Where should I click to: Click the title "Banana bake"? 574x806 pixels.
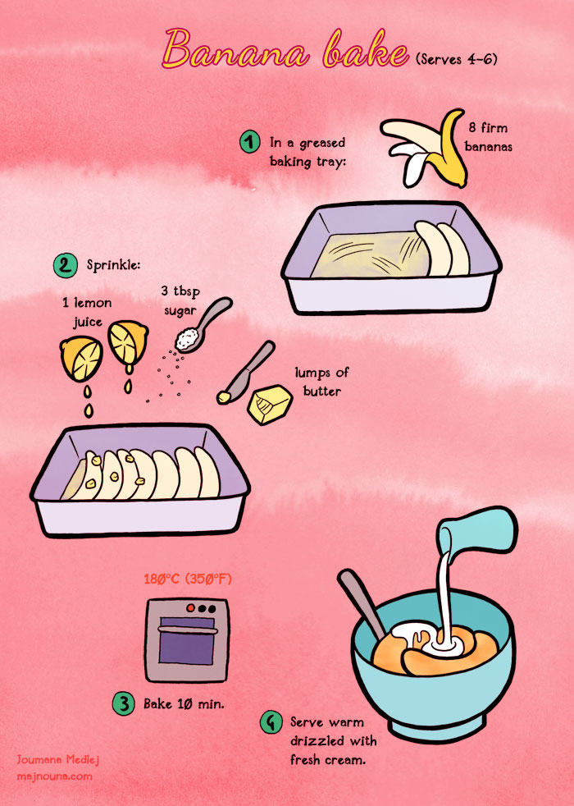tap(285, 49)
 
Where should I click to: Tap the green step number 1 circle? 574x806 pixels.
tap(250, 142)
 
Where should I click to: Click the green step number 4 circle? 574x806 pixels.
tap(271, 723)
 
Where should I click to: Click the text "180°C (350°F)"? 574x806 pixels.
tap(188, 579)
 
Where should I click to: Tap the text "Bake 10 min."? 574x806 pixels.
tap(178, 704)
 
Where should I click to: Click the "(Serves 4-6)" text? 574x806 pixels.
tap(457, 59)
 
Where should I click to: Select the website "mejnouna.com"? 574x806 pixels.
tap(54, 776)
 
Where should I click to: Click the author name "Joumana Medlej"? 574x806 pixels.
tap(60, 760)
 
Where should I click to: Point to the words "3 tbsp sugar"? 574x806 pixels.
tap(180, 300)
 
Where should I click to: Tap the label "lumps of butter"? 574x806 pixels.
tap(317, 382)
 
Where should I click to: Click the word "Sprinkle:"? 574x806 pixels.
tap(114, 265)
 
